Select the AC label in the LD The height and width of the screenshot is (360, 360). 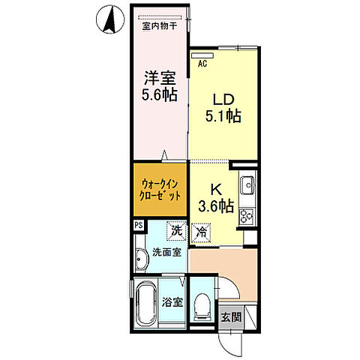tap(202, 64)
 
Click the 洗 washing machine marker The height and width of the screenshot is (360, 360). tap(176, 232)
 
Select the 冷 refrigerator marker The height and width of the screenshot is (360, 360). tap(200, 233)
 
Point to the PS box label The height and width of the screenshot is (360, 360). tap(138, 224)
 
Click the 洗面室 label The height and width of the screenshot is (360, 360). tap(166, 253)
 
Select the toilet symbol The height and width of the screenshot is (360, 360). tap(201, 304)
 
